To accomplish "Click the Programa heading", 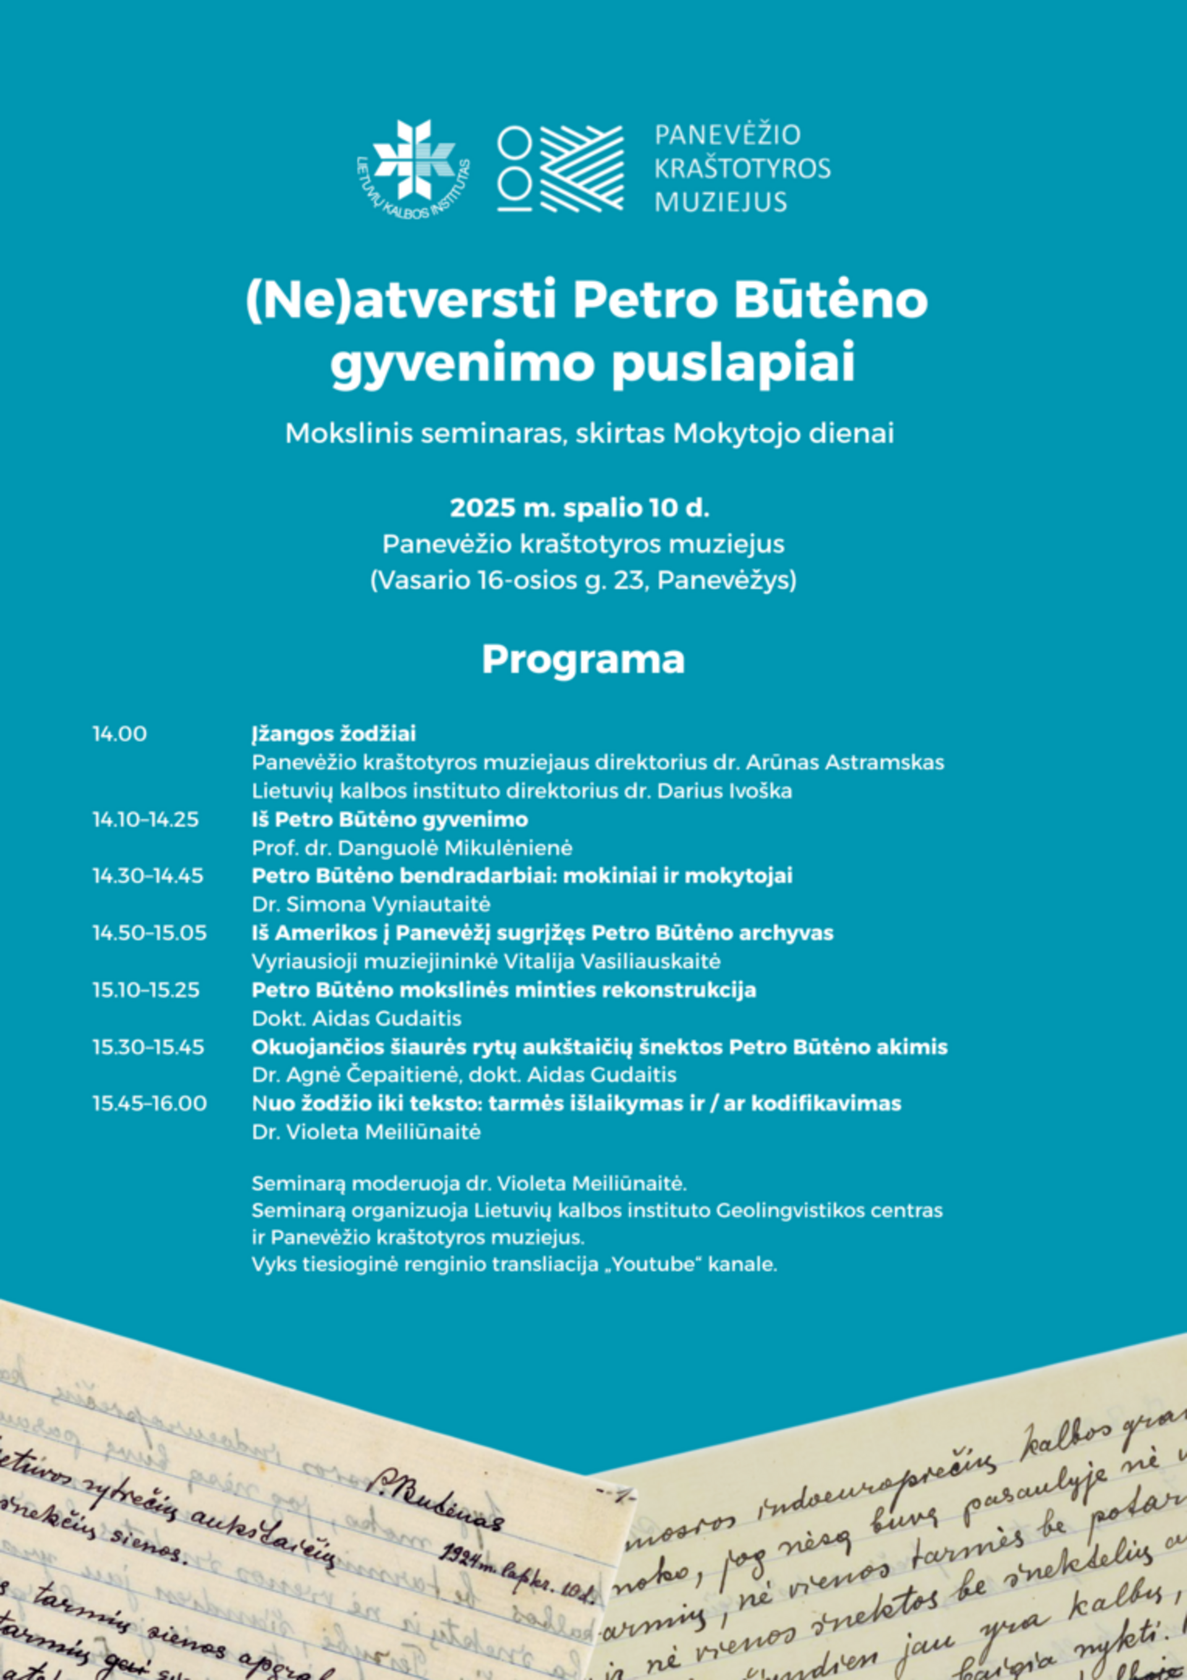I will coord(582,659).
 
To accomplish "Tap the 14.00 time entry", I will coord(119,734).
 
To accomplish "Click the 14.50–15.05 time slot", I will coord(149,933).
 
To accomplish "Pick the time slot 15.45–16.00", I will coord(149,1104).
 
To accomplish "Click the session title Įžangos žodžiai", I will coord(334,734).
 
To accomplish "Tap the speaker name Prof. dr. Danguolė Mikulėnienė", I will coord(412,848).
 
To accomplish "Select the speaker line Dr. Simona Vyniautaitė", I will coord(371,905).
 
